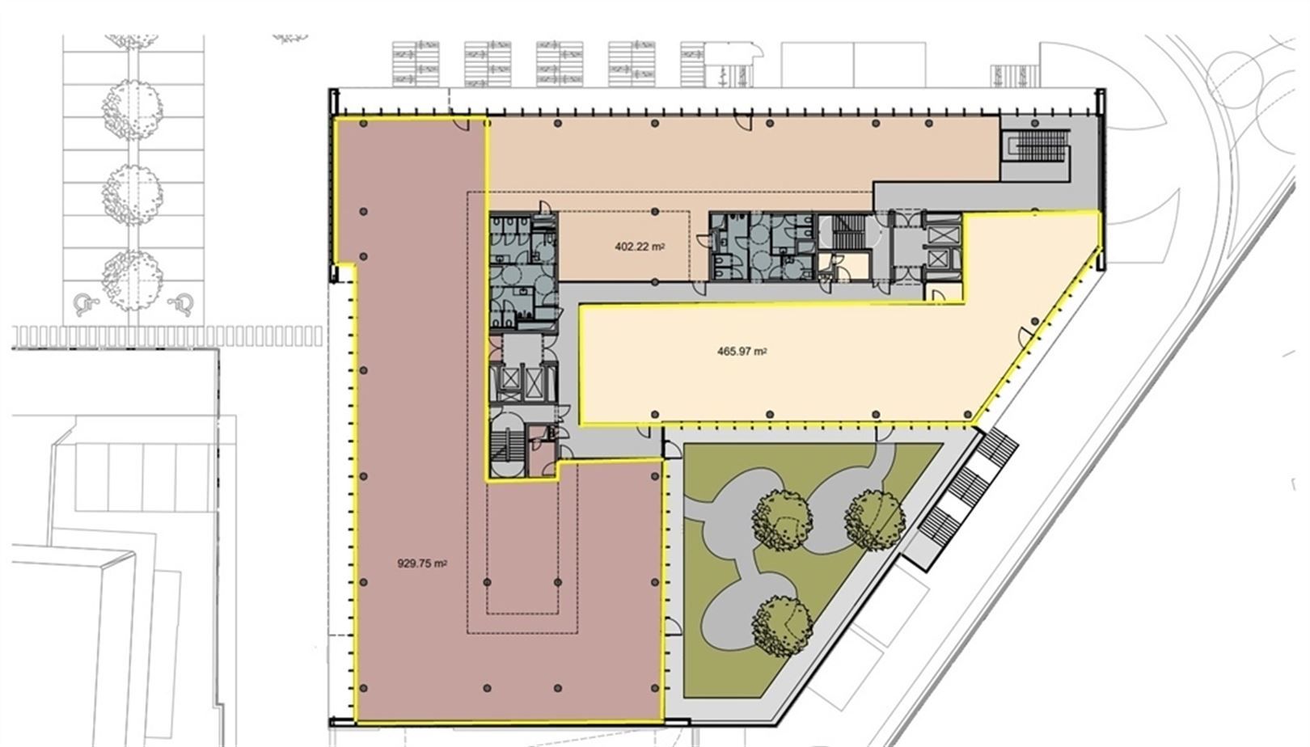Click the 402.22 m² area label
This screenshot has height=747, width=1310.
[640, 247]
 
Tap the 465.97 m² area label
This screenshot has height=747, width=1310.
[742, 352]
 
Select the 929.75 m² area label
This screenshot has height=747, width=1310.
[422, 563]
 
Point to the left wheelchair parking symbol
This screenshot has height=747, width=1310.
[87, 304]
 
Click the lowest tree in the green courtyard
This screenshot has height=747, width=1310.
[781, 626]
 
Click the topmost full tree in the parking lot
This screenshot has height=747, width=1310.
[132, 108]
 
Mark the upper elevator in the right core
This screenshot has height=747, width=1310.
[941, 234]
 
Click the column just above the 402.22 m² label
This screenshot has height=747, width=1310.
[655, 211]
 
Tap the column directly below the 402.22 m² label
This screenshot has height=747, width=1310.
[655, 282]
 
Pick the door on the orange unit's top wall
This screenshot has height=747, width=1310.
[744, 124]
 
